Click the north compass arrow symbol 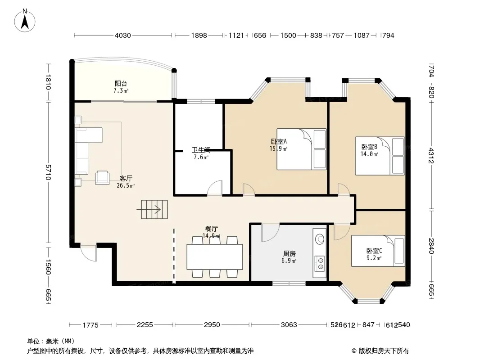tap(25, 21)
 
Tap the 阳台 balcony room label tap(121, 84)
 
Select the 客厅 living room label tap(126, 178)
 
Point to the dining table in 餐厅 tap(215, 257)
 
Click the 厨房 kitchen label tap(289, 253)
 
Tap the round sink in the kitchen tap(320, 238)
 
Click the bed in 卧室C tap(378, 251)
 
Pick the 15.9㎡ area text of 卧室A tap(278, 148)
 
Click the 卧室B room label tap(369, 147)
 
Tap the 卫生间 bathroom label tap(201, 150)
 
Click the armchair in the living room tap(102, 178)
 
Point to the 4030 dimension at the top tap(123, 36)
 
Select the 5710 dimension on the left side tap(48, 172)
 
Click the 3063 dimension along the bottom tap(289, 324)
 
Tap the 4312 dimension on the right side tap(431, 155)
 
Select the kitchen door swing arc tap(271, 233)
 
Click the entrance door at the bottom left tap(88, 253)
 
